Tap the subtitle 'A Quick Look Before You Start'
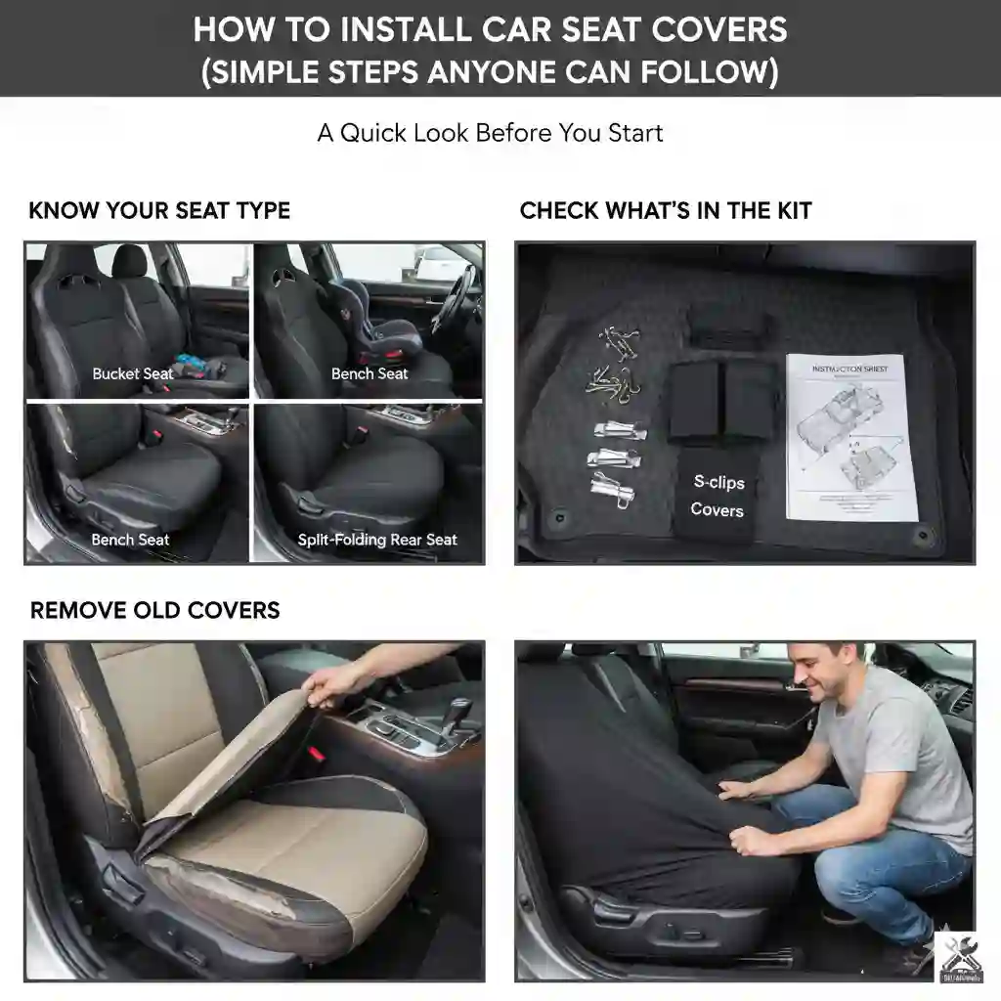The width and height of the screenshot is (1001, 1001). [x=490, y=133]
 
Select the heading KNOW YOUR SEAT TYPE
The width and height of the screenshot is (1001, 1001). [x=159, y=210]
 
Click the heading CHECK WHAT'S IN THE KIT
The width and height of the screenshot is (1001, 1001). [x=665, y=210]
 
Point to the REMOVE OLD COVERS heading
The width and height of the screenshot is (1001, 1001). [x=154, y=610]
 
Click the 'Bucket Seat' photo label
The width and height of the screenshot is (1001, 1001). [x=133, y=373]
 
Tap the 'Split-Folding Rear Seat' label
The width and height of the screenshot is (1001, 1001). [x=377, y=540]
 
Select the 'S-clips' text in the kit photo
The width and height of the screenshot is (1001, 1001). [x=718, y=481]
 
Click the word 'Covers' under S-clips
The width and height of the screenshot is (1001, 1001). [x=717, y=509]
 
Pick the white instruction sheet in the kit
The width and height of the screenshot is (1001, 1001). [x=851, y=437]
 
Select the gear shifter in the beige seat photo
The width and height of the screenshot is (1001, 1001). [x=455, y=713]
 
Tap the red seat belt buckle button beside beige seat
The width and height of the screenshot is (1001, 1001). [x=316, y=756]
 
